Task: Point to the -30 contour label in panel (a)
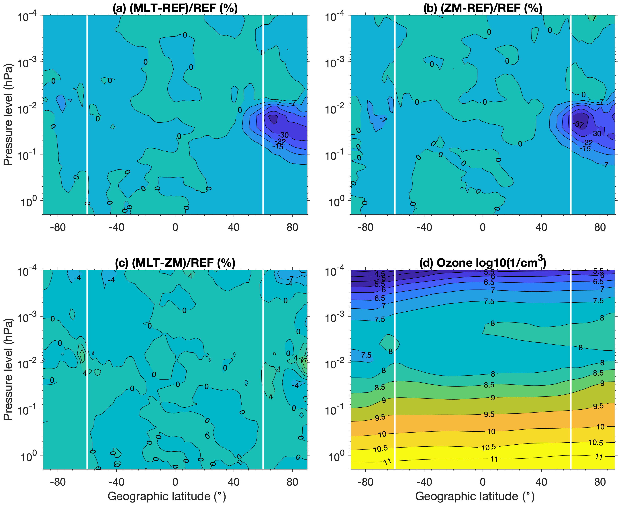click(283, 135)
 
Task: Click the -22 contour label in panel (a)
click(280, 142)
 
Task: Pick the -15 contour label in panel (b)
click(585, 149)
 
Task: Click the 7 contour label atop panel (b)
click(594, 19)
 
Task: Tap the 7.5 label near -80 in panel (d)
click(366, 355)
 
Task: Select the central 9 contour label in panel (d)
click(493, 398)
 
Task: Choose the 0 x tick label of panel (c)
click(175, 482)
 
